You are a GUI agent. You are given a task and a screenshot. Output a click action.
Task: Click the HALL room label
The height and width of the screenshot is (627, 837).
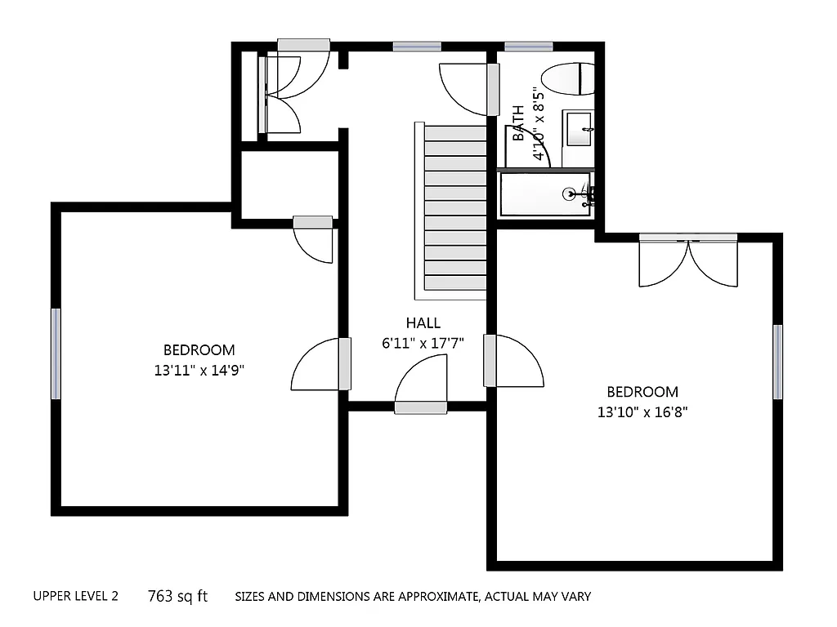point(423,323)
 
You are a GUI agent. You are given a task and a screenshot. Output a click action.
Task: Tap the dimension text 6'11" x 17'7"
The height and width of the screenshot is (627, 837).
point(423,344)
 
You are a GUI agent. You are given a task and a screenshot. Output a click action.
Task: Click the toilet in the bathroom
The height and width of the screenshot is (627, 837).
point(569,79)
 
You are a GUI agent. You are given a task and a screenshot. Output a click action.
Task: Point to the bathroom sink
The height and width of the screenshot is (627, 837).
point(579,129)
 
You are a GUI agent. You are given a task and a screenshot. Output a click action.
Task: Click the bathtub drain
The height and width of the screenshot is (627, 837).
point(570,194)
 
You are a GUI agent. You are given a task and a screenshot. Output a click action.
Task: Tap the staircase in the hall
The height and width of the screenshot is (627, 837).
point(455,211)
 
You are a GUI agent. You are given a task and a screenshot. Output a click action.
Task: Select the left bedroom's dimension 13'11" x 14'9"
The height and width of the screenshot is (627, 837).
point(199,370)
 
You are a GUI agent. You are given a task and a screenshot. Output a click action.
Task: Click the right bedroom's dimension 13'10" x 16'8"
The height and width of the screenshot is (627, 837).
point(642,412)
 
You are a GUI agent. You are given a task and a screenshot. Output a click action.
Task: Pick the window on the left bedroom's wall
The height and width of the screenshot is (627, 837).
point(56,354)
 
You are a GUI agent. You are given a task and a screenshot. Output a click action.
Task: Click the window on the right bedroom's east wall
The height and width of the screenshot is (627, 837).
point(777,362)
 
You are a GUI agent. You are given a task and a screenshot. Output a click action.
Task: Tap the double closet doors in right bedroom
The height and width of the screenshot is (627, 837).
point(688,261)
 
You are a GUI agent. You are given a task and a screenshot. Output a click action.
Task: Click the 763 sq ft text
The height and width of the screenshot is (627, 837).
point(177,597)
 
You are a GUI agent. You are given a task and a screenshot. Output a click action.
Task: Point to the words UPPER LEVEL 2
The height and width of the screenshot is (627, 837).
point(75,597)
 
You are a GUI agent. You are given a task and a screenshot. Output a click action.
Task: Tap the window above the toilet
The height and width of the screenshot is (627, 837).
point(528,47)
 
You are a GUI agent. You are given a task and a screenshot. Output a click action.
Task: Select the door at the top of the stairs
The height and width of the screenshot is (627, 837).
point(469,88)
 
